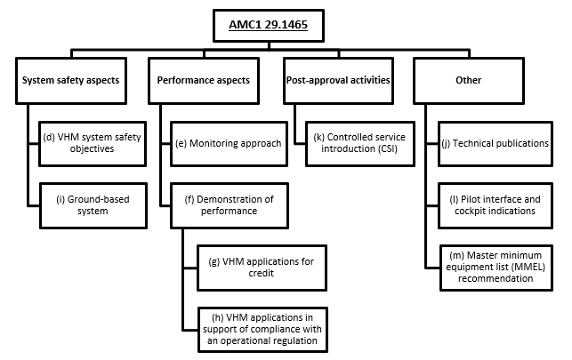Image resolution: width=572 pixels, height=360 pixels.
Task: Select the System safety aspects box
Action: click(x=69, y=79)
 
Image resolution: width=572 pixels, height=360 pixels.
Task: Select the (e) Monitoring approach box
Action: click(x=229, y=142)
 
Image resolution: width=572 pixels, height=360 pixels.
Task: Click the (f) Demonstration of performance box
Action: click(x=229, y=204)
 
